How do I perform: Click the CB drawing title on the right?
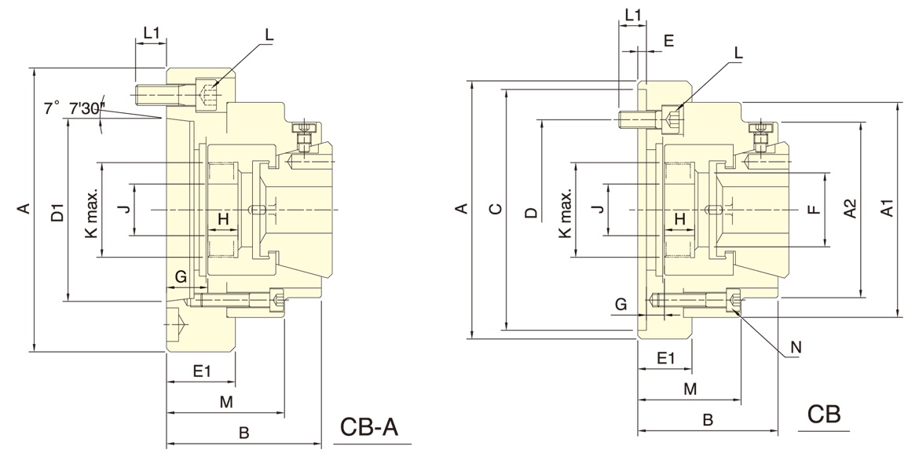824,414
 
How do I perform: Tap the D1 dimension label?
57,213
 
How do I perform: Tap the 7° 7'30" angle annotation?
75,109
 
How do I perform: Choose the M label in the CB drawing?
690,389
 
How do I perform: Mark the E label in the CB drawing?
668,41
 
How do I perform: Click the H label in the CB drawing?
680,218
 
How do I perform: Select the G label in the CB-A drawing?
180,276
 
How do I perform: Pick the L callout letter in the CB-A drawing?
269,35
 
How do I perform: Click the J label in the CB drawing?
597,209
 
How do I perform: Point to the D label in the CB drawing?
531,212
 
